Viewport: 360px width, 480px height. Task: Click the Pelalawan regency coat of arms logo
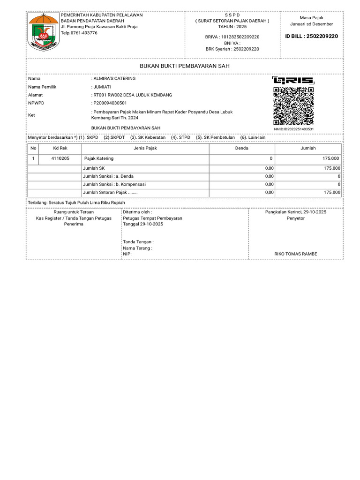[44, 31]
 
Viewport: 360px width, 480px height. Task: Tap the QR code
[293, 106]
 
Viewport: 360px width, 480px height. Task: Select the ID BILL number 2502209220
[312, 36]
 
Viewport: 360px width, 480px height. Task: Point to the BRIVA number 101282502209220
[232, 37]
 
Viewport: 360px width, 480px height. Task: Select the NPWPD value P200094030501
[110, 103]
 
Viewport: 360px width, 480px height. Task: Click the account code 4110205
[60, 158]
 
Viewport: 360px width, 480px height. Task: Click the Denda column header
[241, 148]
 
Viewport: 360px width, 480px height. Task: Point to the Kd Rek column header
[60, 148]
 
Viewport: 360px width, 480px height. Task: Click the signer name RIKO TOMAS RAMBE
[295, 254]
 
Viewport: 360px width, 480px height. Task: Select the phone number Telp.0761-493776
[79, 33]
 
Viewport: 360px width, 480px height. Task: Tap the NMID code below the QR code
[293, 129]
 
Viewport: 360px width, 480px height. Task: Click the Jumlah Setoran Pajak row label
[110, 192]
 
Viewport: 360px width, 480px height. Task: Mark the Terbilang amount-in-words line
[77, 202]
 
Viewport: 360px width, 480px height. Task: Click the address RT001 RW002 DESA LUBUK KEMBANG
[133, 95]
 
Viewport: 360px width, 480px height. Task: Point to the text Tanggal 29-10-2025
[143, 224]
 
